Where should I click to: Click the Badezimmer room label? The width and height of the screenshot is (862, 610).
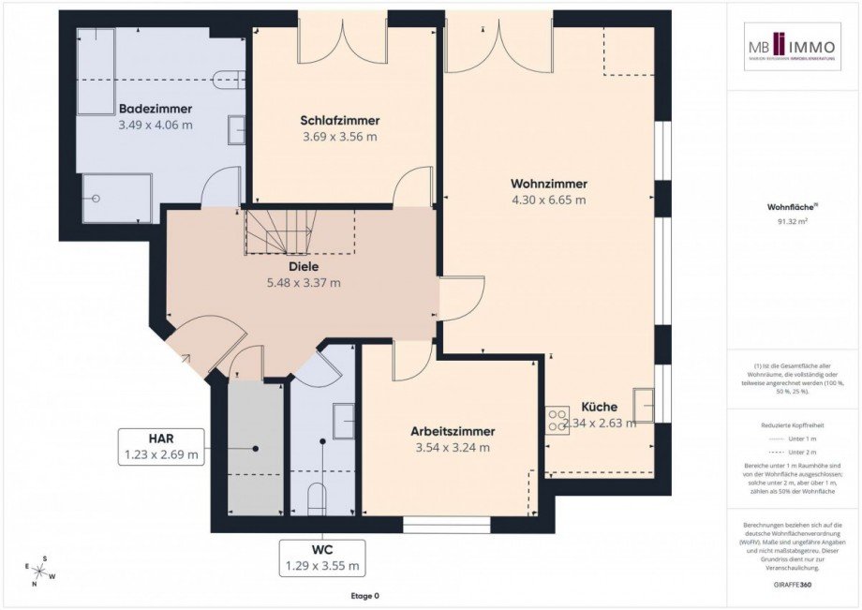[156, 108]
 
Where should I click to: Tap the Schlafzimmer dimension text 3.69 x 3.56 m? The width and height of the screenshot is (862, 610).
[339, 136]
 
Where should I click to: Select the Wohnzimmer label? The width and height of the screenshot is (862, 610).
[548, 184]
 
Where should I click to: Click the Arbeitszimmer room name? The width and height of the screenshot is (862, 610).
[453, 431]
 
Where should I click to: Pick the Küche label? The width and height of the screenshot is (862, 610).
[599, 407]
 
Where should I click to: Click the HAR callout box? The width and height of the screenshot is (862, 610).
[161, 446]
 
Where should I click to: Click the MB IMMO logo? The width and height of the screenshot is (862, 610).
[793, 47]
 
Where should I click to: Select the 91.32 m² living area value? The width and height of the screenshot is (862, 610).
[793, 222]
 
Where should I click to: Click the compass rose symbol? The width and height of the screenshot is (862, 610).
[40, 571]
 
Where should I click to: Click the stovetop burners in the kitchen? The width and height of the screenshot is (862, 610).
[559, 415]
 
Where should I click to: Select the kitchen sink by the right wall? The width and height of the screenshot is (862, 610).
[644, 405]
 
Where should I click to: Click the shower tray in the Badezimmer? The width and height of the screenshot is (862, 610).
[117, 198]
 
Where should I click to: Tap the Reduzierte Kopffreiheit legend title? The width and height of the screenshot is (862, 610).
[793, 424]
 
